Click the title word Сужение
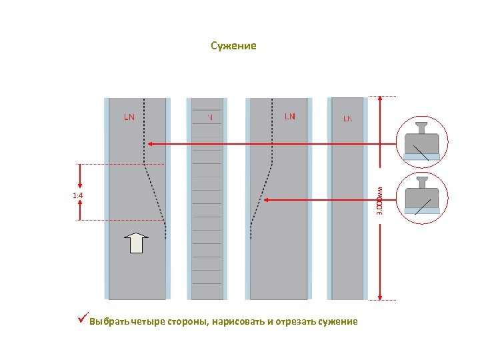tap(233, 46)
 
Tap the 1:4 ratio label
tap(77, 195)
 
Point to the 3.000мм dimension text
tap(378, 198)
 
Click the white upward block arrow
tap(136, 243)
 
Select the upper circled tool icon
tap(422, 141)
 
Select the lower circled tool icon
tap(422, 197)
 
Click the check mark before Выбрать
tap(82, 321)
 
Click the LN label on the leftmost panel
tap(129, 117)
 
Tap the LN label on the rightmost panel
tap(348, 119)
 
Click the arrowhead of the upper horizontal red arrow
tap(150, 143)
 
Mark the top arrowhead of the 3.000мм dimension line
tap(380, 100)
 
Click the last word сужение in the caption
tap(338, 322)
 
